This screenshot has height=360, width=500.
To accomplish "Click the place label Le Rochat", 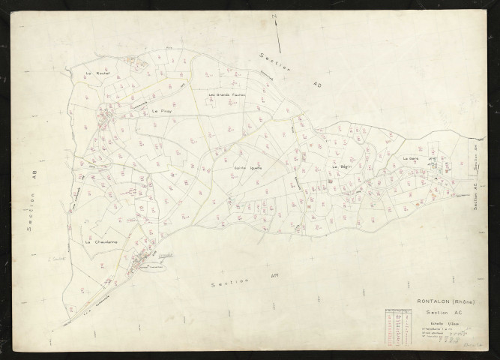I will (x=98, y=73).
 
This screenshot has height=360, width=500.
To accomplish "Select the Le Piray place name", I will (x=161, y=111).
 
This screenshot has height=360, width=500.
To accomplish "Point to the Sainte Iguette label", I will (x=246, y=167).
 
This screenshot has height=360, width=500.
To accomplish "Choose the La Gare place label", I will (x=412, y=159).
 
